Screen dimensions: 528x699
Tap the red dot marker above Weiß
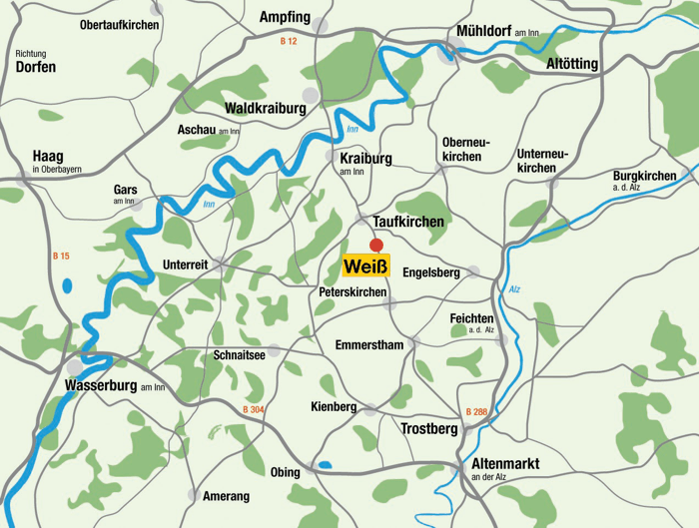point(376,245)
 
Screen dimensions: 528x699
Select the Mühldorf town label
point(483,32)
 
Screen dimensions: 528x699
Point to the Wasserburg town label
point(100,385)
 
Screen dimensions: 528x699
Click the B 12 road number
point(289,41)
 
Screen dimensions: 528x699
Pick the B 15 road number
point(61,257)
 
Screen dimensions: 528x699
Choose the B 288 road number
point(478,411)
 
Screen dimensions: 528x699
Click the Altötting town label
point(572,64)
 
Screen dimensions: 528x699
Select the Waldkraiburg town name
point(266,108)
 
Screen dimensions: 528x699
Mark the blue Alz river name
point(514,289)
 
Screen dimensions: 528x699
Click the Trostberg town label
point(429,429)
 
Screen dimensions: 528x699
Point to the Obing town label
point(285,472)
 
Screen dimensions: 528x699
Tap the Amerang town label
point(227,496)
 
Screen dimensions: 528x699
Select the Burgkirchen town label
point(644,177)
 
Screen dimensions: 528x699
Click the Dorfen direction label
point(36,68)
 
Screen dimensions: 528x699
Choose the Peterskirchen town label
point(352,291)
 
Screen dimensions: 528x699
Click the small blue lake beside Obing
point(325,464)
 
